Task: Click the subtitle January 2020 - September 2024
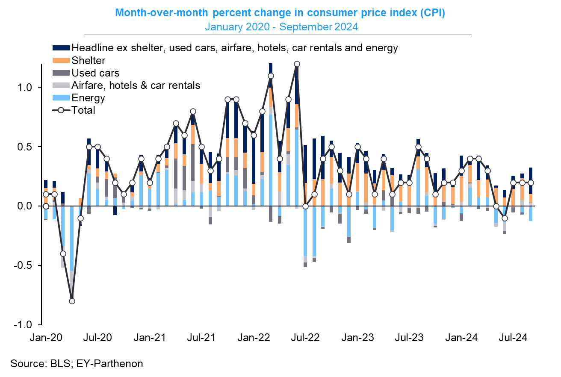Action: pyautogui.click(x=281, y=27)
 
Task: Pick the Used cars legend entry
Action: pyautogui.click(x=95, y=73)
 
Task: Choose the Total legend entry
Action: pyautogui.click(x=83, y=110)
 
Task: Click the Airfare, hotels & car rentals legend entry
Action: pyautogui.click(x=136, y=85)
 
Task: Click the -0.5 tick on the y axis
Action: pyautogui.click(x=29, y=265)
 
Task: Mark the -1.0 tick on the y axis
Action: pyautogui.click(x=29, y=325)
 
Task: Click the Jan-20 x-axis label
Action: pyautogui.click(x=46, y=337)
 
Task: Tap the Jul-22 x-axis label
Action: pyautogui.click(x=306, y=337)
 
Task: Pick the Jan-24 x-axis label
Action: pyautogui.click(x=461, y=337)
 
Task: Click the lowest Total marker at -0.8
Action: pyautogui.click(x=72, y=301)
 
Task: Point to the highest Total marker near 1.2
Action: pyautogui.click(x=297, y=64)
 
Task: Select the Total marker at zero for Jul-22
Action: pyautogui.click(x=305, y=206)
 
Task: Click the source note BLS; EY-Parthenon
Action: pyautogui.click(x=77, y=364)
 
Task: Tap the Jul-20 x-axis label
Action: pyautogui.click(x=98, y=337)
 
